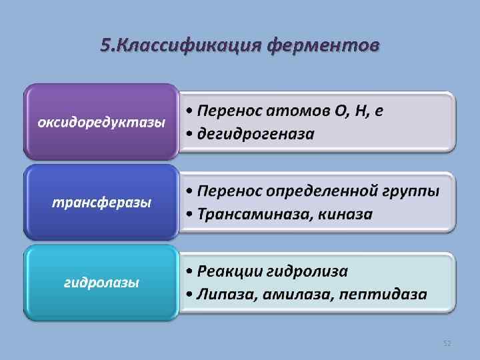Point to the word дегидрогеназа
click(255, 135)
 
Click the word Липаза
click(224, 294)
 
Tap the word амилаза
click(293, 294)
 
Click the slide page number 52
click(447, 343)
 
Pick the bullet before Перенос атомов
click(190, 111)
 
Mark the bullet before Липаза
click(190, 295)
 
